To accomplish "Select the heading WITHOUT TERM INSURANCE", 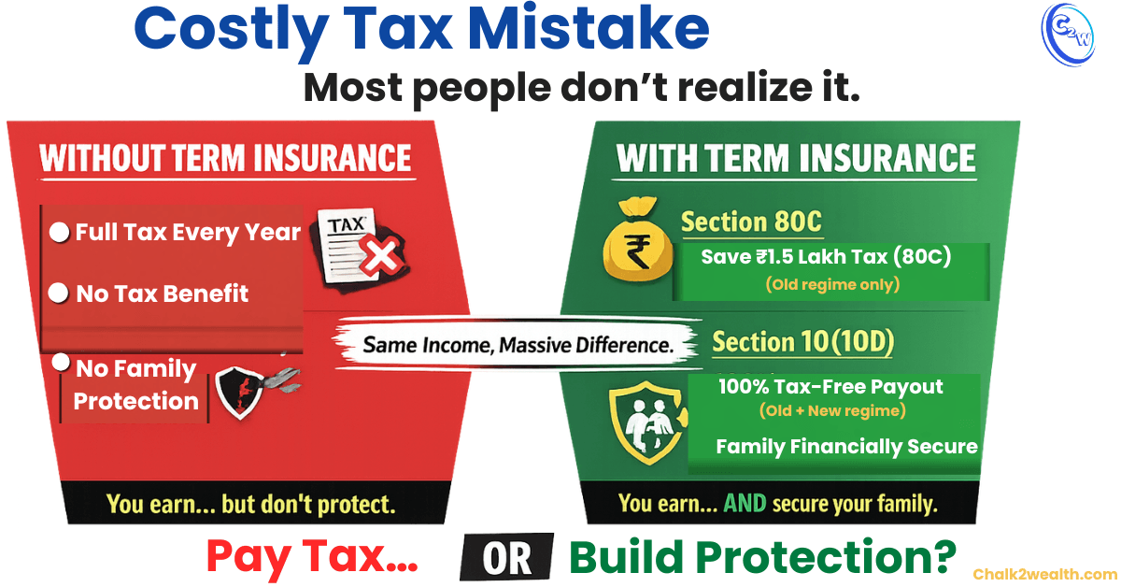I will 225,157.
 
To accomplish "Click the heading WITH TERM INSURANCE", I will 796,159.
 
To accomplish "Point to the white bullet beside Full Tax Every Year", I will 60,233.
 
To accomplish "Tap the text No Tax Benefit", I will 162,293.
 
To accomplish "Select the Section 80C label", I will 751,222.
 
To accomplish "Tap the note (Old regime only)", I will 831,284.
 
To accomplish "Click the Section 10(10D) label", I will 802,343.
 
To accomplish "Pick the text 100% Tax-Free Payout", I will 830,386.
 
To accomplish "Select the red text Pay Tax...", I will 311,556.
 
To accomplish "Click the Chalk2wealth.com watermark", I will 1044,574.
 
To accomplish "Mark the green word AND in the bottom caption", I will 744,504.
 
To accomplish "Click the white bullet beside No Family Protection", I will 61,361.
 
